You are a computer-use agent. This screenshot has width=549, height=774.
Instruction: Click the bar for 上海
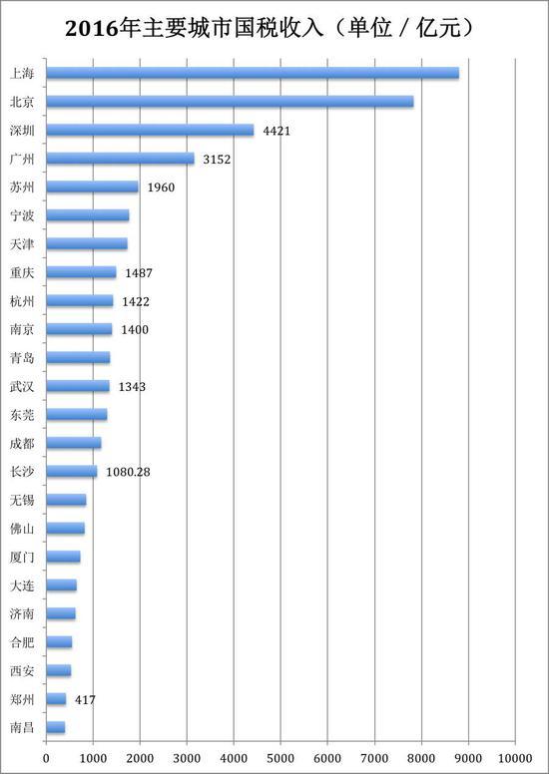(253, 73)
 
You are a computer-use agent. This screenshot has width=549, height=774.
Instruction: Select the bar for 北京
(230, 102)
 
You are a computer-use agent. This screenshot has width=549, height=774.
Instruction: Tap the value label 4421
(276, 131)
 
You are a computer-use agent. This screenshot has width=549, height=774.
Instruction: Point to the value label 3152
(217, 160)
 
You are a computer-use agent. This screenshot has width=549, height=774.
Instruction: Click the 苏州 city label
(22, 188)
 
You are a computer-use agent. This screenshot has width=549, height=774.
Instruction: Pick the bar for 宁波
(88, 215)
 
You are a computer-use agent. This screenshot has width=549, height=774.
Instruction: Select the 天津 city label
(22, 244)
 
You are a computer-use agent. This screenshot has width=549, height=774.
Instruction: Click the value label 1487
(139, 273)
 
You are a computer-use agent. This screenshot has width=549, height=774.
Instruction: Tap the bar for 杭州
(80, 301)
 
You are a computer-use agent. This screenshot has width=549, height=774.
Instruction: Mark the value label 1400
(135, 330)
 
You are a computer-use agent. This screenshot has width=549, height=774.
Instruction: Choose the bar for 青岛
(78, 358)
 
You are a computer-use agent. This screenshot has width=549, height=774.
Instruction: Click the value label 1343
(132, 387)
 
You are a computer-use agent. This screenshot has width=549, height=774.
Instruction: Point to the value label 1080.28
(128, 473)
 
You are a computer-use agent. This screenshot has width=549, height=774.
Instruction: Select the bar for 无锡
(66, 500)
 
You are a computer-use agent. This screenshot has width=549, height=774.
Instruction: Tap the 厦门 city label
(22, 558)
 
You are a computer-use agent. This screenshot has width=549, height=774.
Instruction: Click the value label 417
(86, 699)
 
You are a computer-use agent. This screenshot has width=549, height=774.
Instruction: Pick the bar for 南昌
(56, 727)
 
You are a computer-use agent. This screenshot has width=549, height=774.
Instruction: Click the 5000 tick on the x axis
(280, 758)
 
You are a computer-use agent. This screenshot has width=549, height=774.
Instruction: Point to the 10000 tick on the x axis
(515, 758)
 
